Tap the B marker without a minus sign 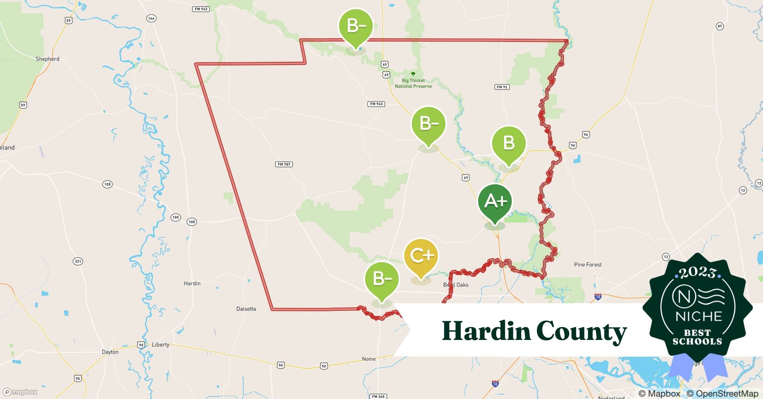pyautogui.click(x=509, y=143)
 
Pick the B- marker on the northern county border pyautogui.click(x=356, y=26)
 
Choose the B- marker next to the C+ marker pyautogui.click(x=382, y=279)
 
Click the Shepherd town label pyautogui.click(x=47, y=59)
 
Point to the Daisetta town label pyautogui.click(x=246, y=309)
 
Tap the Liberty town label pyautogui.click(x=161, y=345)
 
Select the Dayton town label pyautogui.click(x=110, y=352)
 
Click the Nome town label pyautogui.click(x=369, y=359)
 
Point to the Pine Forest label pyautogui.click(x=588, y=265)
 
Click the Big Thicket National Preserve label pyautogui.click(x=413, y=83)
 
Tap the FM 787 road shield pyautogui.click(x=284, y=164)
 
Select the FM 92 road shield pyautogui.click(x=502, y=87)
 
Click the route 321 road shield pyautogui.click(x=78, y=261)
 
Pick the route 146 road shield pyautogui.click(x=151, y=18)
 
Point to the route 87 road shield pyautogui.click(x=719, y=26)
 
